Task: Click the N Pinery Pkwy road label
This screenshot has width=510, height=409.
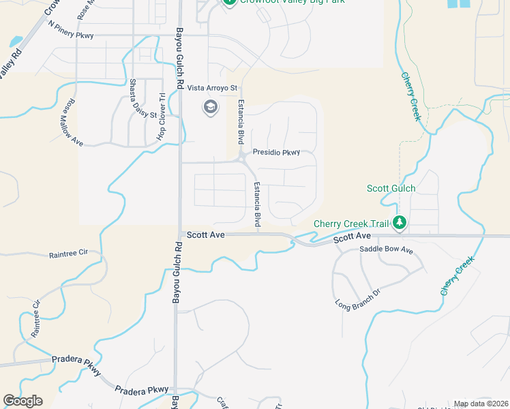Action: point(70,29)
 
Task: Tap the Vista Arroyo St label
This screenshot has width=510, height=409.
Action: point(212,88)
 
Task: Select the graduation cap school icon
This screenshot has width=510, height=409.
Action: point(210,107)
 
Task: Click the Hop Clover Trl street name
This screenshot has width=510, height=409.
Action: point(162,117)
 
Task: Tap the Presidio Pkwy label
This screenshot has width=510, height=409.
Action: point(276,152)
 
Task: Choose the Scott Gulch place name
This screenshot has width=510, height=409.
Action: point(391,188)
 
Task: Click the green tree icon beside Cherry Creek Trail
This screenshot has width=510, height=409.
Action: point(400,223)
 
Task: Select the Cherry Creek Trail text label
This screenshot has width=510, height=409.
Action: point(350,223)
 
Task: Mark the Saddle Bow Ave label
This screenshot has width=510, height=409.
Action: point(387,250)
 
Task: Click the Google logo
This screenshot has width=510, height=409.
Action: point(22,401)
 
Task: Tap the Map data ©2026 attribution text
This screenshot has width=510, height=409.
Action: point(481,404)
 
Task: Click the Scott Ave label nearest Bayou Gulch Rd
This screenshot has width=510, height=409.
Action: point(206,234)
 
